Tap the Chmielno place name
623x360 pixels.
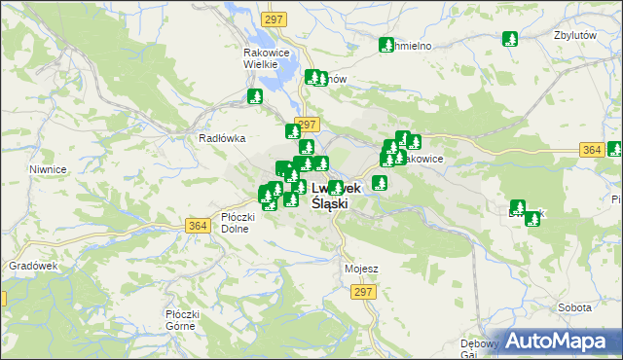pos(408,46)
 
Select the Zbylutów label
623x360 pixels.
pos(573,34)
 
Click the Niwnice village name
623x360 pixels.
pos(48,169)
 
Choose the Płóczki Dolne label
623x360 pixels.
pos(238,223)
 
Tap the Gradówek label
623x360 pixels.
pos(27,265)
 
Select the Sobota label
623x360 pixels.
pos(574,307)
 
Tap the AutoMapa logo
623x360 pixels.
pos(562,342)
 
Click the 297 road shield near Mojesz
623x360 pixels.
pos(364,292)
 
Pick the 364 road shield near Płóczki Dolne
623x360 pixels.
pos(198,226)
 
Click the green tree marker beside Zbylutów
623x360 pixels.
pos(509,40)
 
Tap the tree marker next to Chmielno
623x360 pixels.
pos(385,45)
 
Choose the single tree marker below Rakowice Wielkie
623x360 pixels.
pos(255,97)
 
